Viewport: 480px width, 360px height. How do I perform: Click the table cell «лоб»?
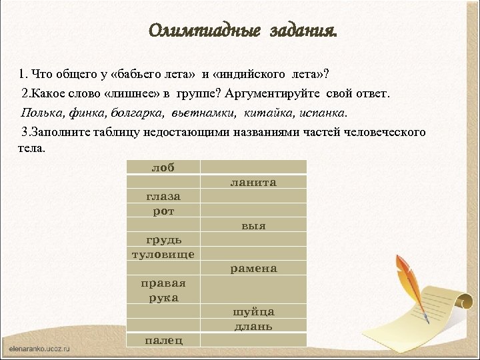(163, 167)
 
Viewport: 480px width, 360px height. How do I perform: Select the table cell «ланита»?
(253, 182)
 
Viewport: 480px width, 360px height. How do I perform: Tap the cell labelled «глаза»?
(163, 196)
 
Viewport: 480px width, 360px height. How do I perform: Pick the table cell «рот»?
(163, 211)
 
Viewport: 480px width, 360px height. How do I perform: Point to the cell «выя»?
(253, 225)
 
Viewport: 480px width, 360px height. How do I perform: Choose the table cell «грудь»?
(163, 240)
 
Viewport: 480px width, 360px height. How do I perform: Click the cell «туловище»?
(163, 254)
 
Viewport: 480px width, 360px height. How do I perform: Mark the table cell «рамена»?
(253, 269)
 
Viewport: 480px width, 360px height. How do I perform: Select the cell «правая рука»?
(163, 290)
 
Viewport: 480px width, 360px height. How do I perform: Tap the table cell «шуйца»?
(253, 312)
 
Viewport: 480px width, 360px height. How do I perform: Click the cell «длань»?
(253, 326)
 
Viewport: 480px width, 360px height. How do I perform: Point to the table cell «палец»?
(163, 340)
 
